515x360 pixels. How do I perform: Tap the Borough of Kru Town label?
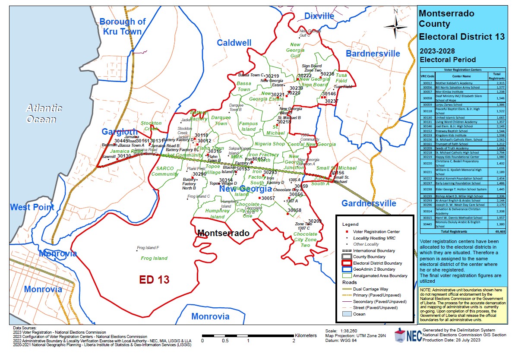tap(122, 26)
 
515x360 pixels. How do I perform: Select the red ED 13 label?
tap(154, 279)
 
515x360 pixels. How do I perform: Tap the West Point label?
tap(32, 207)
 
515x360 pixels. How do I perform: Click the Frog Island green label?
tap(154, 259)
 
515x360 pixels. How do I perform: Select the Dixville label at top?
tap(319, 16)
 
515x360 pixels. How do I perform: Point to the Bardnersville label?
tap(373, 54)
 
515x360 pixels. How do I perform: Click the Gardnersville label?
tap(369, 203)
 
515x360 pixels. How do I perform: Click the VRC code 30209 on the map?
tap(315, 221)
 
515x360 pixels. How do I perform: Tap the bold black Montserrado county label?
tap(223, 233)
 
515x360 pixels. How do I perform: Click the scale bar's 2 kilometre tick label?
tap(294, 341)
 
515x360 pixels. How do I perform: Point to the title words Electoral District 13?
tap(462, 37)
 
